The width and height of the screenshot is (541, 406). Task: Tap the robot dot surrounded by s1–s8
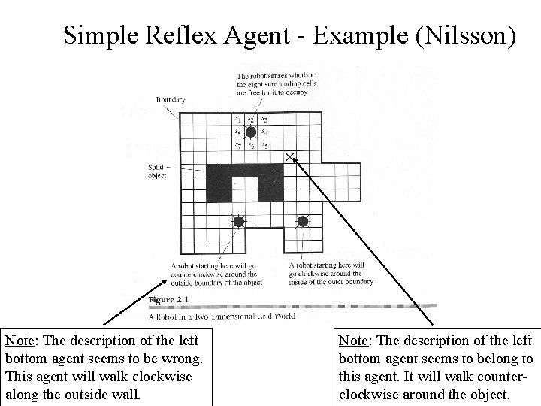(251, 132)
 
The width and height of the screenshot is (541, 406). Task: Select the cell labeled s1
(237, 119)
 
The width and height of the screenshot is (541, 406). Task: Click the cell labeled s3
(264, 119)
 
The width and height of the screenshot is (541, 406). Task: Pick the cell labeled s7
(237, 144)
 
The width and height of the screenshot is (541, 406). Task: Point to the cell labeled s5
(264, 144)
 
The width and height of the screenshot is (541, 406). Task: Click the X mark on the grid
(290, 156)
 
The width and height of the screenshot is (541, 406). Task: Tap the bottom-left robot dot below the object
(237, 222)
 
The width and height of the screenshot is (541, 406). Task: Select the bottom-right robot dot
(303, 222)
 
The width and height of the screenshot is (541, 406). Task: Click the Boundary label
(171, 99)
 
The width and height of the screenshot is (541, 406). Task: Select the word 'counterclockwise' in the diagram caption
(197, 274)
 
